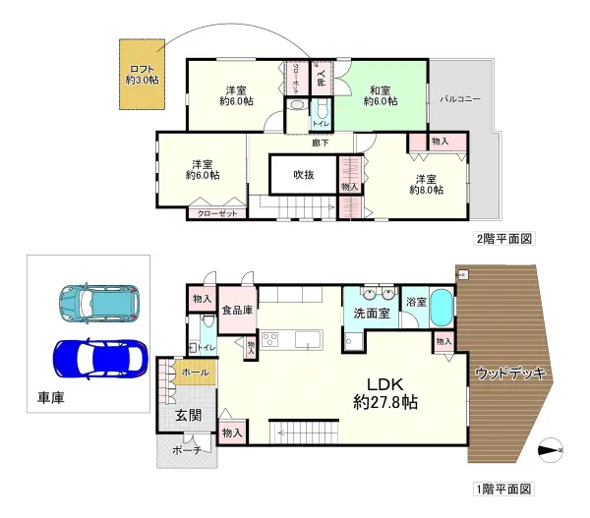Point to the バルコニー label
tap(460, 99)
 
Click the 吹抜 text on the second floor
tap(304, 175)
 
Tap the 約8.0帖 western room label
tap(425, 186)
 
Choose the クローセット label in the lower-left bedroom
tap(216, 212)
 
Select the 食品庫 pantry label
tap(236, 309)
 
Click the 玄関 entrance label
tap(188, 417)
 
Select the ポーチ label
tap(186, 450)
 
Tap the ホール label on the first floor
tap(195, 373)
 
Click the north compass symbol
tap(553, 449)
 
